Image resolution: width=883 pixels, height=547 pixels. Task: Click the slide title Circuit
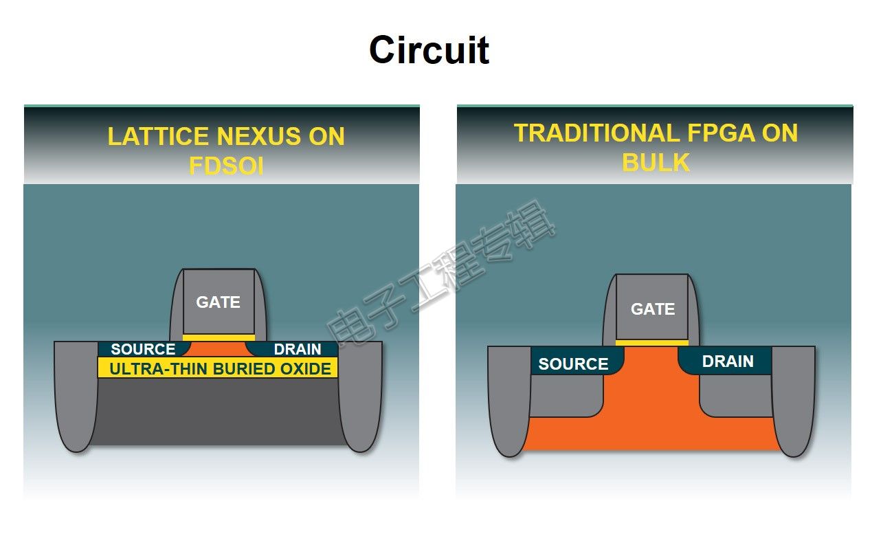[429, 50]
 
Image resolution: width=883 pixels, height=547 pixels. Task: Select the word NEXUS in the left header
[258, 136]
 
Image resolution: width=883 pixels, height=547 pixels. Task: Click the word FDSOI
[226, 166]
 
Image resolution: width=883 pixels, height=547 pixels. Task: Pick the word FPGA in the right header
[721, 133]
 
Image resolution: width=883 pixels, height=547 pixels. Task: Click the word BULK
[656, 162]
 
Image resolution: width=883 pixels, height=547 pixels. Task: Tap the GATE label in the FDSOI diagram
[218, 302]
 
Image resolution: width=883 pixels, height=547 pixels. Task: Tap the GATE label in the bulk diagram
[653, 309]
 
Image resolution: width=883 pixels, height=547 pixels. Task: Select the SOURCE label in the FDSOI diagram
[143, 349]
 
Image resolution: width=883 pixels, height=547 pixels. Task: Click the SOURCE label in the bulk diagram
[574, 364]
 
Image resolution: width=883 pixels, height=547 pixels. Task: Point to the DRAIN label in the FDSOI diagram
[298, 349]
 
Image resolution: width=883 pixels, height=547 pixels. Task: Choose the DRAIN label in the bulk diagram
[728, 361]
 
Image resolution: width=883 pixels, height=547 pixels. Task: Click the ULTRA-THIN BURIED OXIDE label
[221, 369]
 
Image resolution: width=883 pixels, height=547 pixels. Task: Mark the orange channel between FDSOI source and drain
[219, 349]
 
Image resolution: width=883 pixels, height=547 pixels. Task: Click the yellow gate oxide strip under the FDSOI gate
[219, 337]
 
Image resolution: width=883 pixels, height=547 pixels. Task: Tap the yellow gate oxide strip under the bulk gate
[652, 343]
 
